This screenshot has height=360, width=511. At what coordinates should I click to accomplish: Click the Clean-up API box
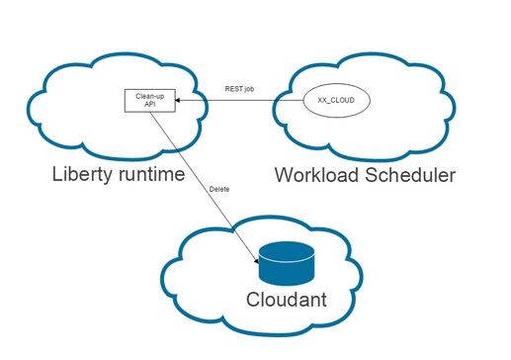point(148,100)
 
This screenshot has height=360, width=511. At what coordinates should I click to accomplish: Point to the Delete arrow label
point(220,188)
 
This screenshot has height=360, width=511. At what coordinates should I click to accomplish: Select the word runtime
point(147,175)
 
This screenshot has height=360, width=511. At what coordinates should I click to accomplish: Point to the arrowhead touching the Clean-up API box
point(178,100)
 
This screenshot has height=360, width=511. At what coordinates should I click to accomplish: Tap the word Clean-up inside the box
point(148,95)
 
